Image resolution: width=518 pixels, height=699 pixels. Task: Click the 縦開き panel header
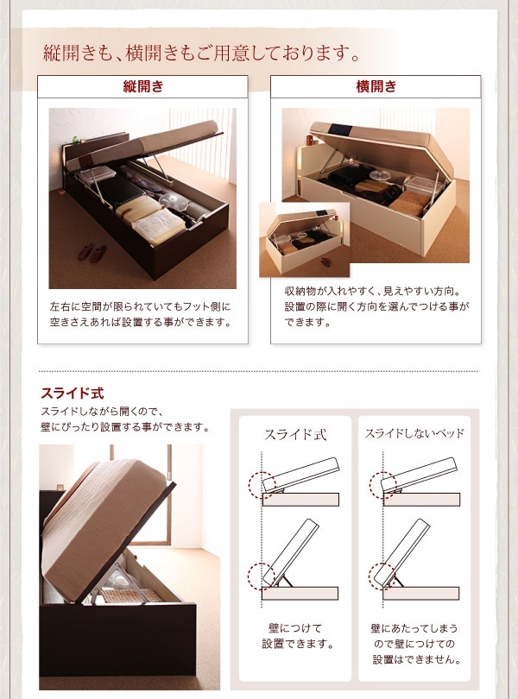[143, 87]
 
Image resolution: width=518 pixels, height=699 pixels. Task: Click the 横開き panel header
[376, 87]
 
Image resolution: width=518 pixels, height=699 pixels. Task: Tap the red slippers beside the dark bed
[91, 252]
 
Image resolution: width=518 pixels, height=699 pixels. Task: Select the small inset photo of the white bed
[305, 239]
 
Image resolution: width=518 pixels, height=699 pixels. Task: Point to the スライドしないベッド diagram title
[414, 433]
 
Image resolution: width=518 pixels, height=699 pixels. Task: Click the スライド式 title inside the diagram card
[295, 434]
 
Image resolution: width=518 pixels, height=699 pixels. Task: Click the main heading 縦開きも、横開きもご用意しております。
[202, 54]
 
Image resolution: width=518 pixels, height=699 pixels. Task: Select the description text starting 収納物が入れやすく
[376, 306]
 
